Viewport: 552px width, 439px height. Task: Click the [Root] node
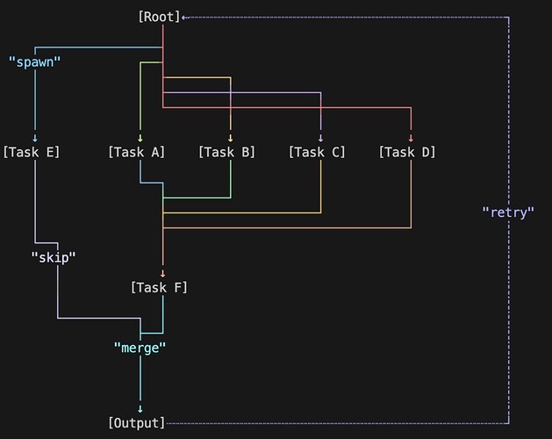coord(159,17)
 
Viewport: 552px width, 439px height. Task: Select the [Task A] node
coord(136,152)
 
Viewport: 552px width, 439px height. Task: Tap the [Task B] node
coord(226,152)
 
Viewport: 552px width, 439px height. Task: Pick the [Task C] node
coord(317,152)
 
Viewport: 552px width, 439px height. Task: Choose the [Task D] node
coord(407,152)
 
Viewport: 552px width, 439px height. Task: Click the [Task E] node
coord(32,152)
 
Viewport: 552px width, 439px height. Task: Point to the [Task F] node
coord(159,287)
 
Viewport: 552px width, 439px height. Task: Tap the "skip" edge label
coord(54,257)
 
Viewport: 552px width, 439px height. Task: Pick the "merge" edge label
coord(140,348)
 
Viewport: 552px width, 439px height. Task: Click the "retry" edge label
coord(508,212)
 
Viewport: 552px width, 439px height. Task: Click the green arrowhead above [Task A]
coord(140,138)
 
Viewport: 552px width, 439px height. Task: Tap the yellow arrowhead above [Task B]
coord(231,138)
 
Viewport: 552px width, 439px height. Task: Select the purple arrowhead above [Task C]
coord(321,138)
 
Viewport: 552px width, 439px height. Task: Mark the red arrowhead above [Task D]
coord(412,138)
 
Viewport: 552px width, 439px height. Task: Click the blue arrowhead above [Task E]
coord(35,138)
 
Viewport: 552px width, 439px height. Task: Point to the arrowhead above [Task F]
coord(163,273)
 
